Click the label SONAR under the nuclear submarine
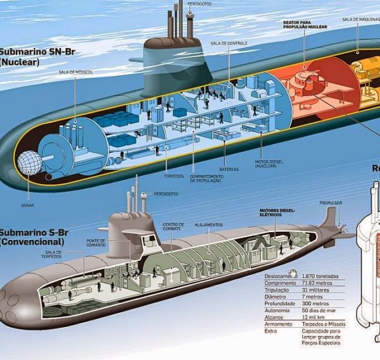(x=27, y=205)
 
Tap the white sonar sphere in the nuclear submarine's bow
(x=28, y=163)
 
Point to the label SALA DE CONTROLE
(x=229, y=43)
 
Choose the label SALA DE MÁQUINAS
(x=360, y=19)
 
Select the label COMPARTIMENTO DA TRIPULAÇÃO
(x=206, y=178)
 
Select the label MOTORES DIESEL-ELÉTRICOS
(x=277, y=213)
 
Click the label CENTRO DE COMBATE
(x=173, y=227)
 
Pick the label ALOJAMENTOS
(x=209, y=224)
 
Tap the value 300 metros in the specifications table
(x=317, y=304)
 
